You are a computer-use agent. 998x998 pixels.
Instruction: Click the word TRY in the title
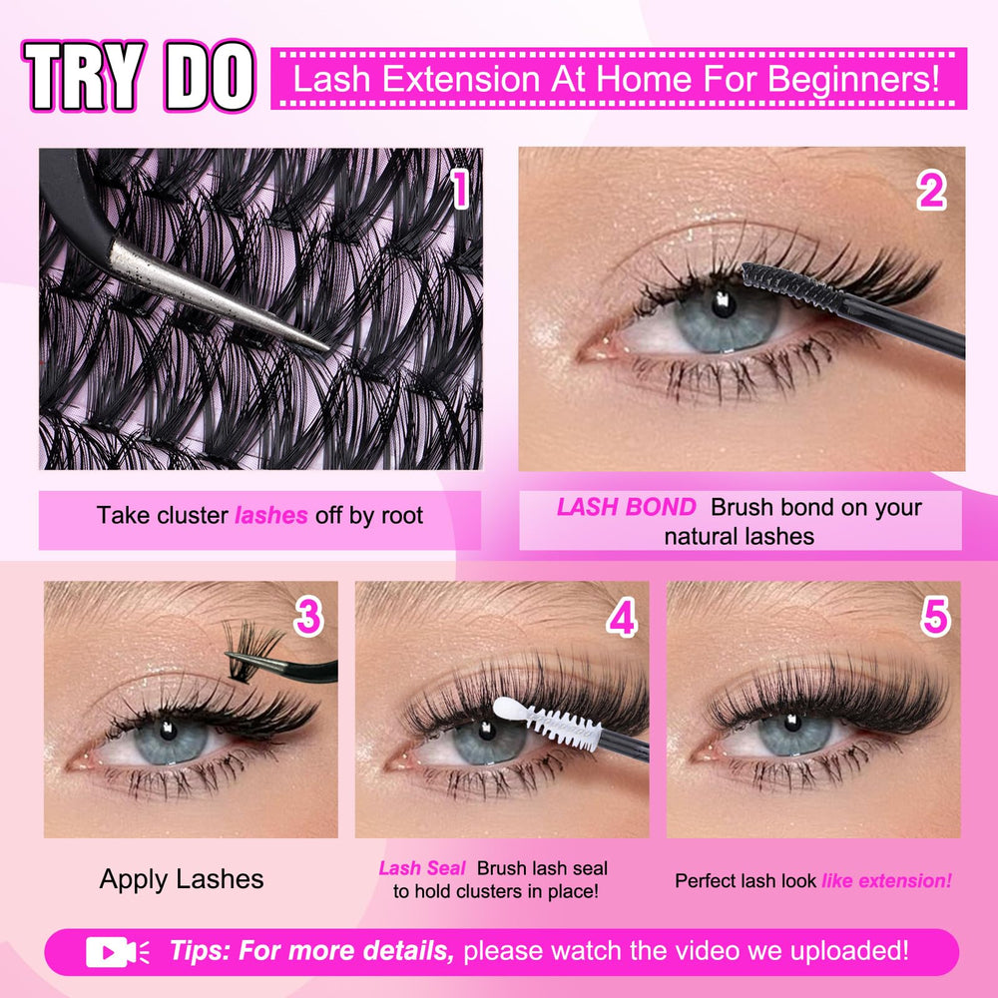pyautogui.click(x=83, y=77)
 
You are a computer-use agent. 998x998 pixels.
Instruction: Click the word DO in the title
pyautogui.click(x=210, y=77)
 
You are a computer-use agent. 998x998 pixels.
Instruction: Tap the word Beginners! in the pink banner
pyautogui.click(x=853, y=79)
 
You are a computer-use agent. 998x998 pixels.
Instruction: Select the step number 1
pyautogui.click(x=460, y=189)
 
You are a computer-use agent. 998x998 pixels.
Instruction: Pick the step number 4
pyautogui.click(x=621, y=617)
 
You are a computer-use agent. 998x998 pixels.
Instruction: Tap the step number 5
pyautogui.click(x=935, y=616)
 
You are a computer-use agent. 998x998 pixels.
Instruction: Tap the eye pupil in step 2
pyautogui.click(x=723, y=303)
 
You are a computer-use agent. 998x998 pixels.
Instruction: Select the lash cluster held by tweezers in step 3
pyautogui.click(x=249, y=648)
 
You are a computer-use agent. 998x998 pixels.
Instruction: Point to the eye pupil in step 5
pyautogui.click(x=792, y=722)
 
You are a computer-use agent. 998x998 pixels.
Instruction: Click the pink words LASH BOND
pyautogui.click(x=627, y=507)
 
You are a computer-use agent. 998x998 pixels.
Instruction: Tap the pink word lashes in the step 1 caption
pyautogui.click(x=271, y=515)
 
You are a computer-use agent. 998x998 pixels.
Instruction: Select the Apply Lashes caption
pyautogui.click(x=182, y=879)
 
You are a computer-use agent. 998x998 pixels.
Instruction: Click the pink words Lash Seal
pyautogui.click(x=422, y=868)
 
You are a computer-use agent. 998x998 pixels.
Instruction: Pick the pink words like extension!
pyautogui.click(x=886, y=881)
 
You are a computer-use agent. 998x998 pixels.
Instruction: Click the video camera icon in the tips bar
pyautogui.click(x=118, y=952)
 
